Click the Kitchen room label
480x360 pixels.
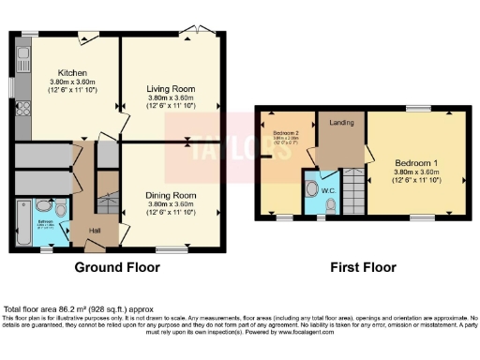pyautogui.click(x=72, y=73)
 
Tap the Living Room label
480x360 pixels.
pyautogui.click(x=170, y=89)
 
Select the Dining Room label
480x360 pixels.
pyautogui.click(x=170, y=195)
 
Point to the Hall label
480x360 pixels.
pyautogui.click(x=95, y=230)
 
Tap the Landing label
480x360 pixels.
pyautogui.click(x=339, y=122)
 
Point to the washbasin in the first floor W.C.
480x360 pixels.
pyautogui.click(x=312, y=187)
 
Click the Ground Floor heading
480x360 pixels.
pyautogui.click(x=117, y=267)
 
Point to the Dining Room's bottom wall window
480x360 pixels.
pyautogui.click(x=171, y=249)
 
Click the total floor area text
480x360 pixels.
pyautogui.click(x=79, y=308)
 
